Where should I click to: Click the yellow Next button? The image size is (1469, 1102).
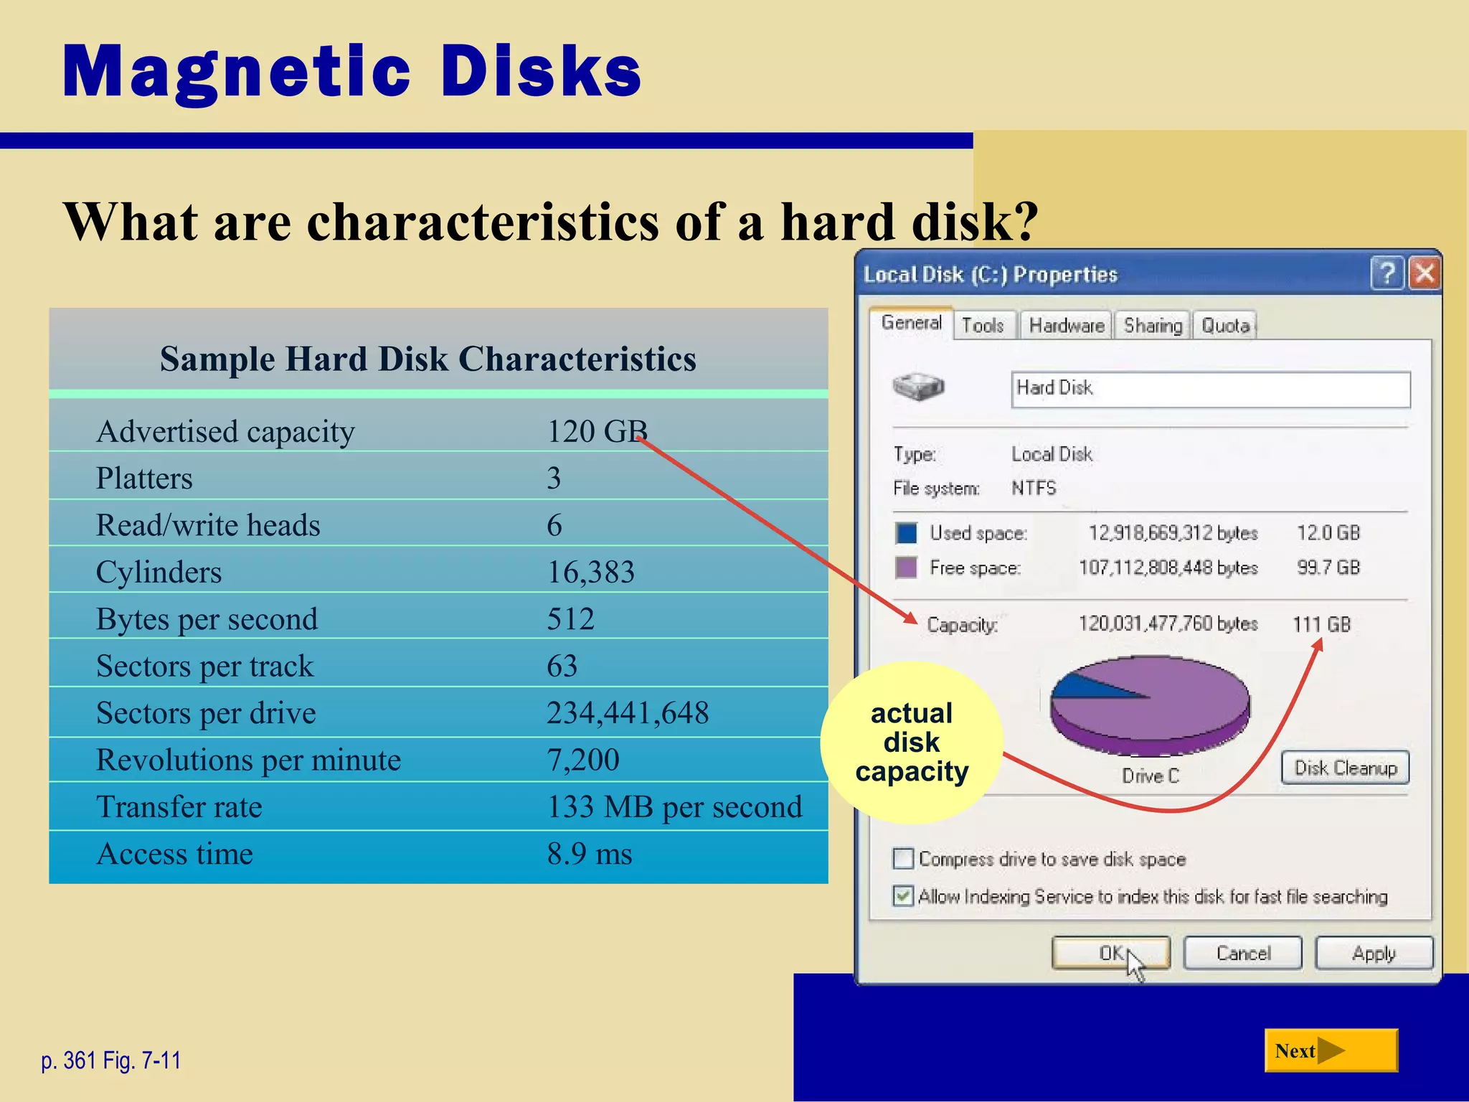pos(1331,1050)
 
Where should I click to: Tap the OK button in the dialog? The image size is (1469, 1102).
pos(1110,953)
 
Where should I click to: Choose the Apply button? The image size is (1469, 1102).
pos(1374,953)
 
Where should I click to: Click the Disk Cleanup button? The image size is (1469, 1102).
pos(1345,768)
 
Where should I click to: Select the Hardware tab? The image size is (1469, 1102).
pos(1066,326)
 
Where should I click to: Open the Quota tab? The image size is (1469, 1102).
pos(1225,326)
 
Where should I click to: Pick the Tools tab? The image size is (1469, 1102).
pos(982,326)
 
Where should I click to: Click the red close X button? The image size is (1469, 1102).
pos(1425,273)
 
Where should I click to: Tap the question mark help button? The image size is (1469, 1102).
pos(1387,273)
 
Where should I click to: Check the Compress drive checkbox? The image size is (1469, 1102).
pos(903,858)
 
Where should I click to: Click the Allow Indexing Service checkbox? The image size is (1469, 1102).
pos(903,895)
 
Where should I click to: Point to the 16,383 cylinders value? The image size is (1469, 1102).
pos(590,572)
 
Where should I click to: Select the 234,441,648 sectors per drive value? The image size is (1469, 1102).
pos(628,712)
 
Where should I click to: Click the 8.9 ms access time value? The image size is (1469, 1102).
pos(590,854)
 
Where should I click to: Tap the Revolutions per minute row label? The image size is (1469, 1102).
pos(248,760)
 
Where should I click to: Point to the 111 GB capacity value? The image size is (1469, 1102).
pos(1321,624)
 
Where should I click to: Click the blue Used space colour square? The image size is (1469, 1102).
pos(906,533)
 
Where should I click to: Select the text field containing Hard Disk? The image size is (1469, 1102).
pos(1210,389)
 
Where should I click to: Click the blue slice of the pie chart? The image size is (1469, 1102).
pos(1083,685)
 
